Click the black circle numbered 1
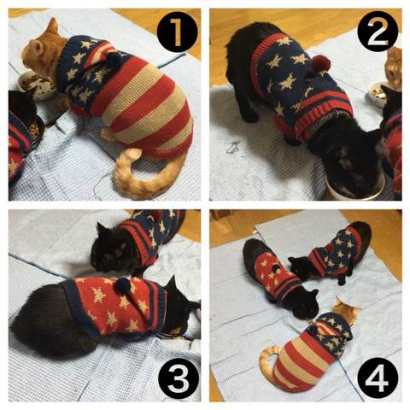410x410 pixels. click(177, 32)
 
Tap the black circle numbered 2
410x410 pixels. click(378, 32)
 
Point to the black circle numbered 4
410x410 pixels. click(378, 378)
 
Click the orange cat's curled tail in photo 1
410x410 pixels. click(143, 177)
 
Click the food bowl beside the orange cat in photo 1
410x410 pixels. click(37, 85)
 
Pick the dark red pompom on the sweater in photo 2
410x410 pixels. click(321, 63)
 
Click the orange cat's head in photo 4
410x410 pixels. click(346, 309)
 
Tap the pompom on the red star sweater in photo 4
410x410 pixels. click(275, 268)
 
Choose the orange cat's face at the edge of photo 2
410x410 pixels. click(394, 67)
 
